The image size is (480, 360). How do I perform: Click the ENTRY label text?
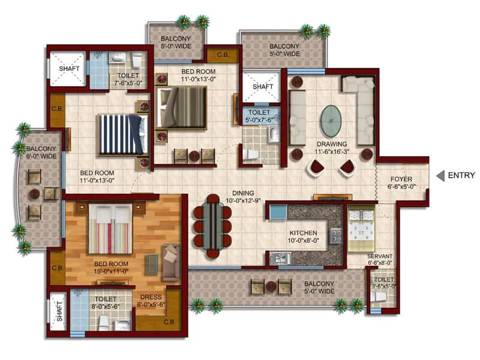[462, 176]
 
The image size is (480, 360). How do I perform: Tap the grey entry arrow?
[440, 176]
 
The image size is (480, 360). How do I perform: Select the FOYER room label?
[401, 179]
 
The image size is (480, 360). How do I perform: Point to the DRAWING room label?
[332, 144]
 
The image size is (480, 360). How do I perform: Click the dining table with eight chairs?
[212, 224]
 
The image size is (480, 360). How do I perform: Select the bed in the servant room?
[361, 229]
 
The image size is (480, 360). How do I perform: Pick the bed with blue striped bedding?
[122, 133]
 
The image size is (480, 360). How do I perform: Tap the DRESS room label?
[150, 296]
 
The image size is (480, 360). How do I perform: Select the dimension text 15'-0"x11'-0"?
[113, 271]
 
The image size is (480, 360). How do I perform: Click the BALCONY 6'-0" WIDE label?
[41, 152]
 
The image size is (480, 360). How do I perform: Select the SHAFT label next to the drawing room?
[262, 87]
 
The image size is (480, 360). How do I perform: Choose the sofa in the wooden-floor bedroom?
[171, 262]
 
